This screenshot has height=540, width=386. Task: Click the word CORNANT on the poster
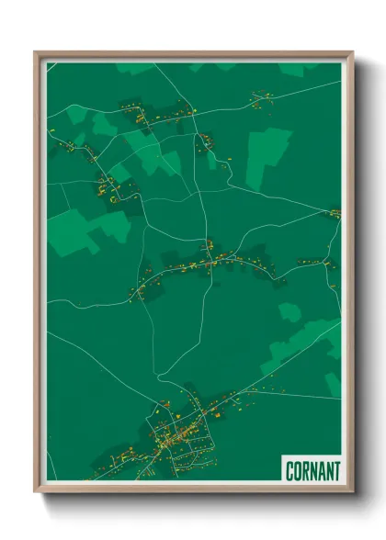pyautogui.click(x=312, y=471)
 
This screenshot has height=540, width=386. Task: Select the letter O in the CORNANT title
pyautogui.click(x=298, y=471)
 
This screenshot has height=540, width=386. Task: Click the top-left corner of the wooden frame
pyautogui.click(x=36, y=52)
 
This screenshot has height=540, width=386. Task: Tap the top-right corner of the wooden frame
pyautogui.click(x=352, y=52)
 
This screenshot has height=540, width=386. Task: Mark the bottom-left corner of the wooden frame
pyautogui.click(x=36, y=491)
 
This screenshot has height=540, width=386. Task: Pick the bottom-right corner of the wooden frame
pyautogui.click(x=352, y=491)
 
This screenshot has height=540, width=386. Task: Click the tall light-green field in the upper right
pyautogui.click(x=267, y=156)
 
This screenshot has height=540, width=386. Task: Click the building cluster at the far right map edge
pyautogui.click(x=335, y=214)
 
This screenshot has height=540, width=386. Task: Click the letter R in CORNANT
pyautogui.click(x=306, y=471)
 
